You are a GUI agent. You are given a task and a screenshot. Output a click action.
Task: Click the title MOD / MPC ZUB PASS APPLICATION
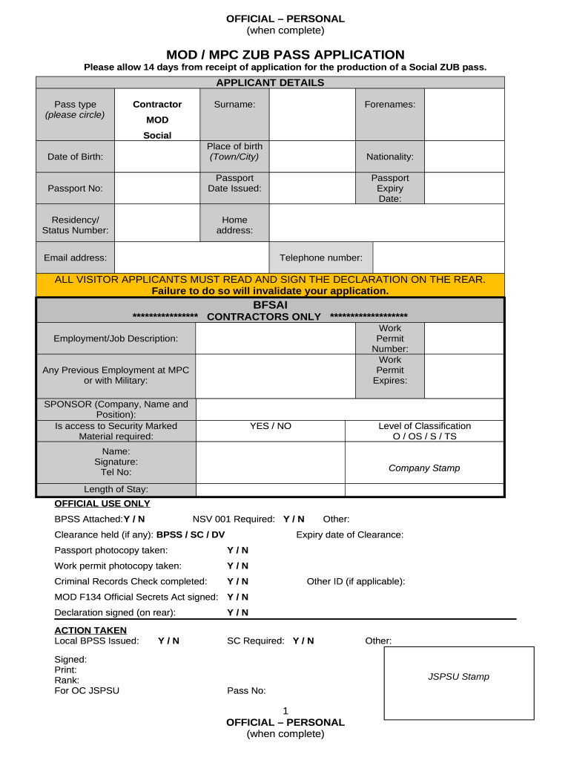(x=285, y=55)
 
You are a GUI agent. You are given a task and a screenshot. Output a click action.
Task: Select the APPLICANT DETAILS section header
(x=270, y=82)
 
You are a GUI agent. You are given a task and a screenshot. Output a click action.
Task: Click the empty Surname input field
(x=312, y=114)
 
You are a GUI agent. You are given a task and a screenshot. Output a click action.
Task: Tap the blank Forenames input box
(x=463, y=114)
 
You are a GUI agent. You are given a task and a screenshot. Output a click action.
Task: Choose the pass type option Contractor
(x=157, y=105)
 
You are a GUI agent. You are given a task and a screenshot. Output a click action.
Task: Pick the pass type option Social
(x=157, y=135)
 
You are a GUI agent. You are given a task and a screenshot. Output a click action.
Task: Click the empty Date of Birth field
(x=157, y=157)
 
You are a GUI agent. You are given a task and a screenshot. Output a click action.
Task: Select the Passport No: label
(x=75, y=189)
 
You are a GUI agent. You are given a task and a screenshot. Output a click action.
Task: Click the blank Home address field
(x=386, y=225)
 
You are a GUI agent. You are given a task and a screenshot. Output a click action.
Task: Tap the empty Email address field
(x=191, y=258)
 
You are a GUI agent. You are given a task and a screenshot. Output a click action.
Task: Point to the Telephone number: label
(x=320, y=258)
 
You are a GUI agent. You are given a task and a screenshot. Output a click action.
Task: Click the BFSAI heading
(x=270, y=304)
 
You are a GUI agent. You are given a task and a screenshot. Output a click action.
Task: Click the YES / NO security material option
(x=271, y=426)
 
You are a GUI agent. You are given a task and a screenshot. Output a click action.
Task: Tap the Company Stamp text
(x=424, y=468)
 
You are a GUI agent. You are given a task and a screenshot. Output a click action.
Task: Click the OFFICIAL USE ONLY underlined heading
(x=102, y=504)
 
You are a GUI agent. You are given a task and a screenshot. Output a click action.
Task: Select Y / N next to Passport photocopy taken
(x=237, y=550)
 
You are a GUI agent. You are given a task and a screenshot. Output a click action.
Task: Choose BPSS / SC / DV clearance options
(x=191, y=534)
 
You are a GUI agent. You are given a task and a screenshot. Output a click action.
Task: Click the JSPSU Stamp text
(x=458, y=677)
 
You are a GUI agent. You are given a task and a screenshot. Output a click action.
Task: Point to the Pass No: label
(x=246, y=691)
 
